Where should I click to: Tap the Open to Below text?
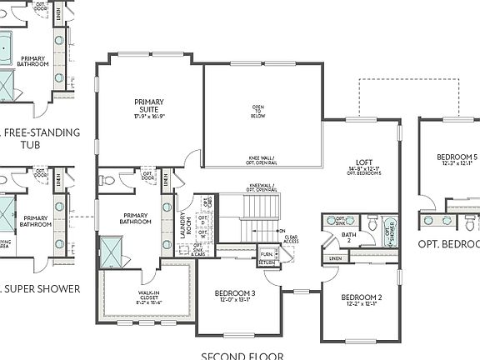coord(263,110)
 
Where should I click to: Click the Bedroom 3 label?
coord(235,296)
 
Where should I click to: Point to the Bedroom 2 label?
coord(362,299)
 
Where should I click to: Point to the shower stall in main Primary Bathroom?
coord(111,251)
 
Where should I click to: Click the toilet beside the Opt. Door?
coord(107,180)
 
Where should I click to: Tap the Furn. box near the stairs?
coord(267,254)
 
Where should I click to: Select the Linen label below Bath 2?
coord(335,258)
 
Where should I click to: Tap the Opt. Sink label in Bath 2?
coord(340,221)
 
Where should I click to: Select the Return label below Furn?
coord(267,263)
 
